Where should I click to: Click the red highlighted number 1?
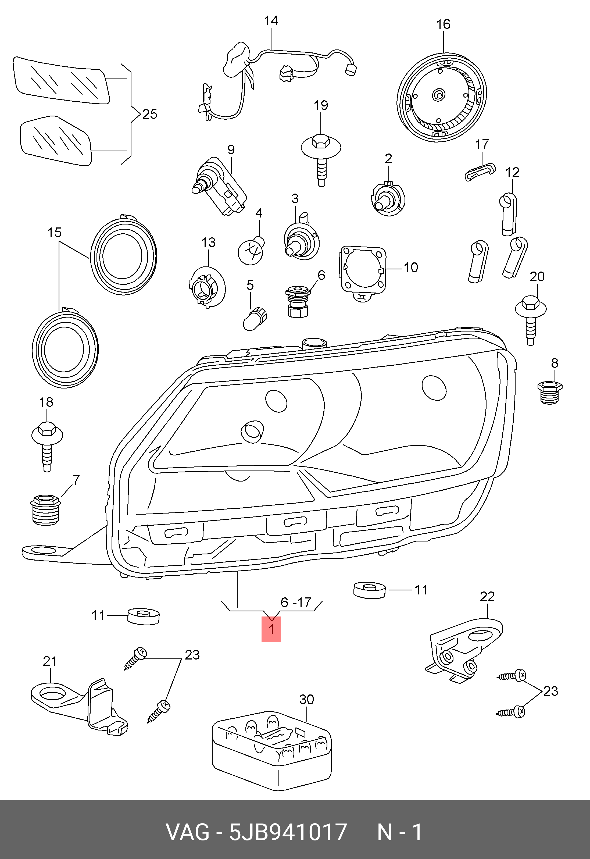(x=271, y=629)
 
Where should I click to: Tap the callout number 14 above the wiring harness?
(x=271, y=21)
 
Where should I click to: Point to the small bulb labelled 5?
(x=255, y=319)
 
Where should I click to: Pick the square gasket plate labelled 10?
(x=362, y=273)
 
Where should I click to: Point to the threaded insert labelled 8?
(x=550, y=393)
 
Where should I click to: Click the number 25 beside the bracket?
(x=149, y=114)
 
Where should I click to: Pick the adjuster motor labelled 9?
(x=219, y=187)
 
